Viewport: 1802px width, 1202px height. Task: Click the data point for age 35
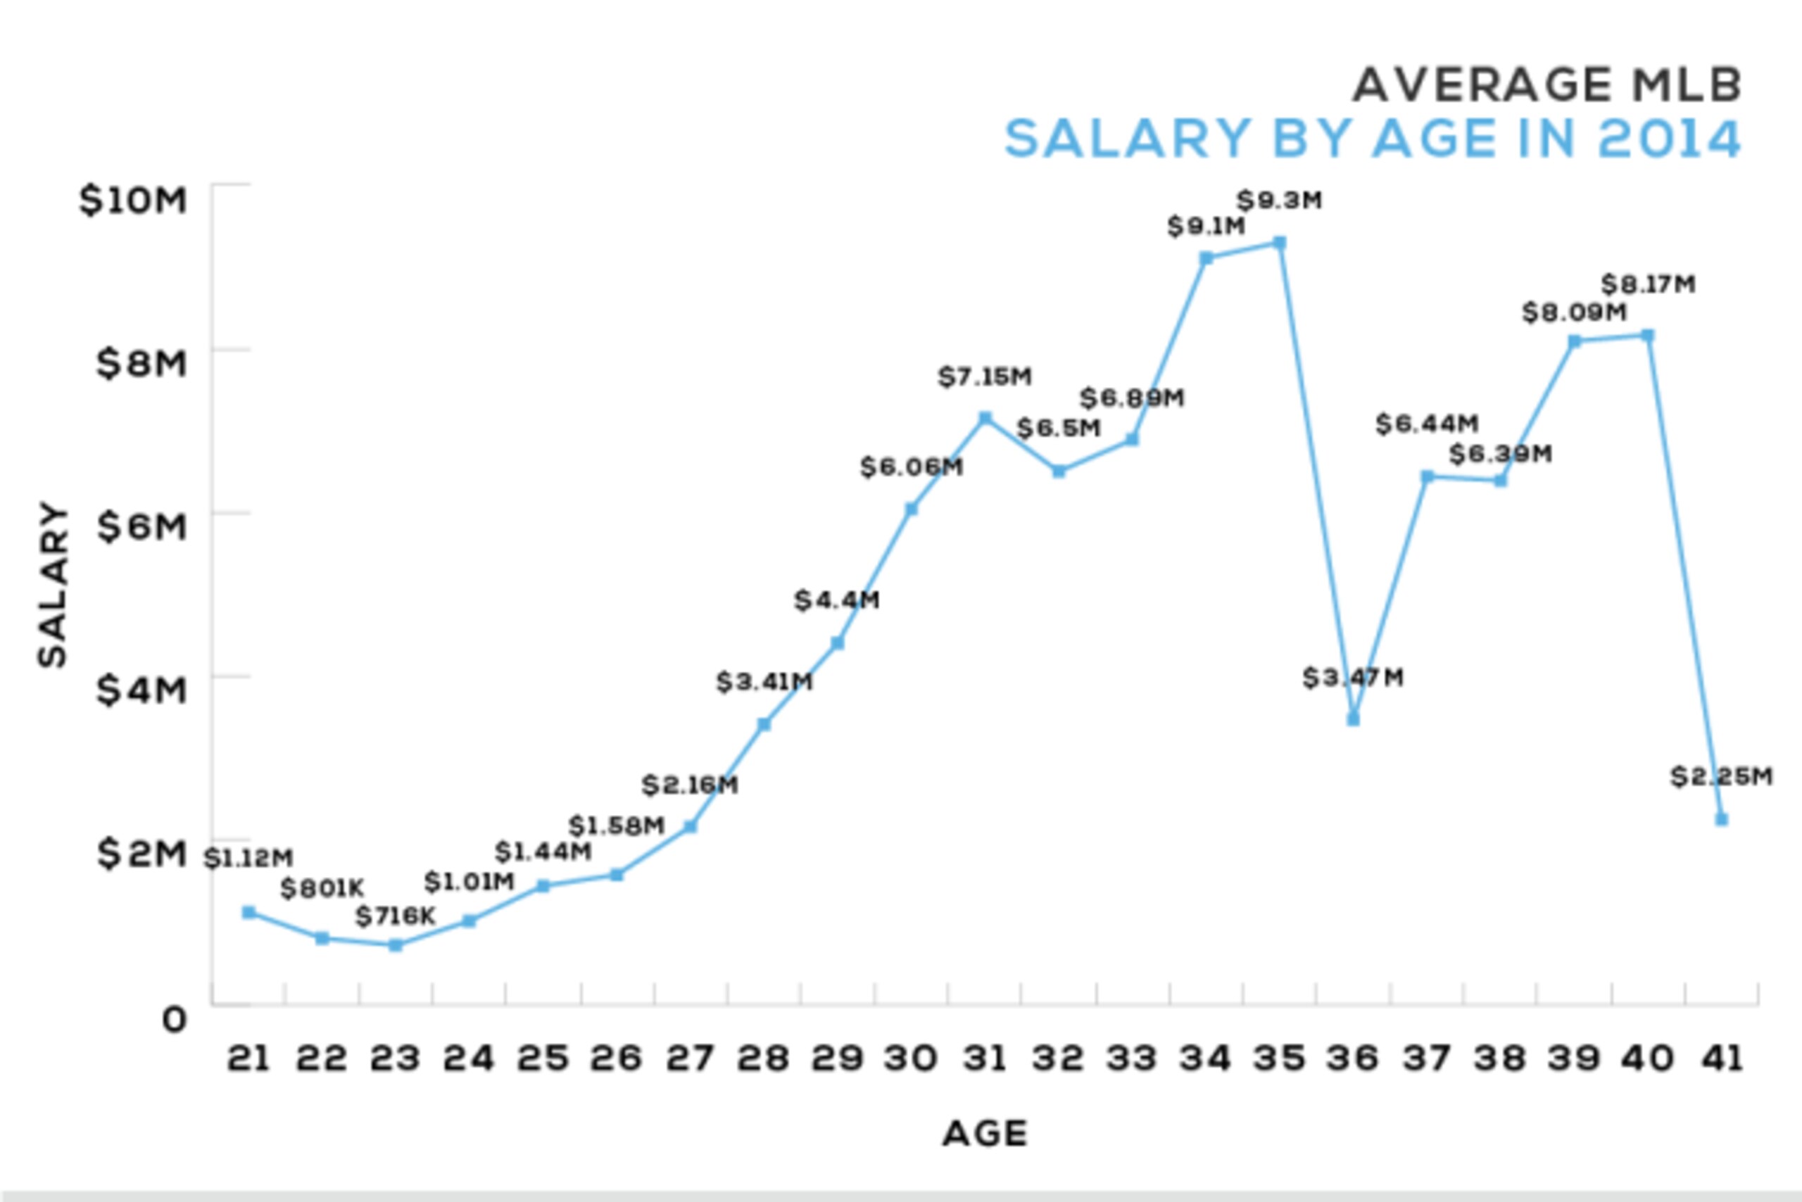1279,243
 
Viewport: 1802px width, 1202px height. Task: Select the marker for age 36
1354,719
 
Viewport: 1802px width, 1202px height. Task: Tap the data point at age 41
1722,818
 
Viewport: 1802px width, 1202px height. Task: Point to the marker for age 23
396,945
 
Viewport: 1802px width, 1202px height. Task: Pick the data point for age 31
985,418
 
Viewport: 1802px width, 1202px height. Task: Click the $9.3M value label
1280,201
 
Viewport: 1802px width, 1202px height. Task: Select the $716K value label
396,916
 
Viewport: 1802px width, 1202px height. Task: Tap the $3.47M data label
1354,678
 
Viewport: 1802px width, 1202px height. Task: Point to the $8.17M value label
1648,284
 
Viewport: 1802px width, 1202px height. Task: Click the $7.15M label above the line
985,377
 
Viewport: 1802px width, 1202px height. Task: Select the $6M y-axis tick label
142,526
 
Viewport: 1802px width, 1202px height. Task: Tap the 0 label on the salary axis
175,1020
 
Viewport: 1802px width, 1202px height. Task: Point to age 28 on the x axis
764,1058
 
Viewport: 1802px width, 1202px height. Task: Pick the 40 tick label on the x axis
1647,1058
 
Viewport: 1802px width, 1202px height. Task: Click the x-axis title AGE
985,1134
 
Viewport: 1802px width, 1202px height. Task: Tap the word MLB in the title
1687,84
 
